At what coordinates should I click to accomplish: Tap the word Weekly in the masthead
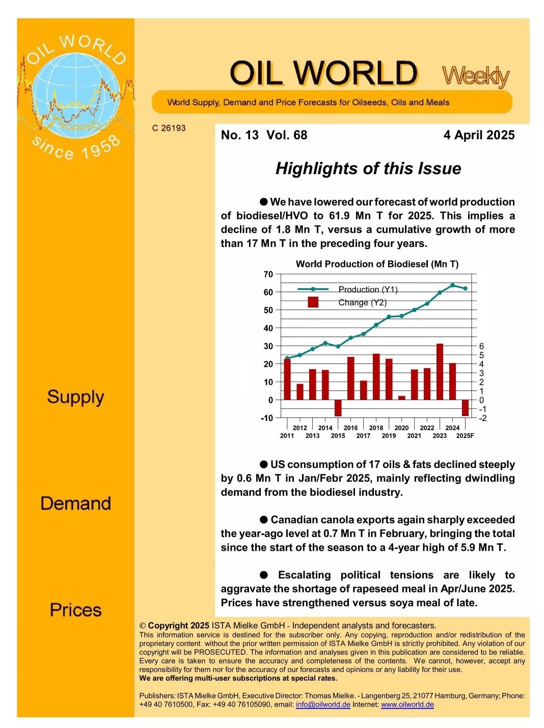(x=475, y=76)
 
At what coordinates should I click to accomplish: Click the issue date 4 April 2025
(x=479, y=135)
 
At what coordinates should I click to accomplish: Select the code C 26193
(x=169, y=128)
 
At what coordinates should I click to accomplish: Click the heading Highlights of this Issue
(x=368, y=169)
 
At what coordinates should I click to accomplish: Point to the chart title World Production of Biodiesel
(x=377, y=264)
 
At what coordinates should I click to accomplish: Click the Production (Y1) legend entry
(x=367, y=289)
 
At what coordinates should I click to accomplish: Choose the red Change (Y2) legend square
(x=313, y=302)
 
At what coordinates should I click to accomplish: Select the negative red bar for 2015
(x=338, y=408)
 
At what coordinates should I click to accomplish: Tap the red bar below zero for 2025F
(x=465, y=407)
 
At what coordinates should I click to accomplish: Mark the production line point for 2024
(x=452, y=285)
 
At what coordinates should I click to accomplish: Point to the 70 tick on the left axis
(x=268, y=274)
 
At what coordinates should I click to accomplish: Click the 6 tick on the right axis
(x=481, y=346)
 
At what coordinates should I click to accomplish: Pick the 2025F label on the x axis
(x=465, y=436)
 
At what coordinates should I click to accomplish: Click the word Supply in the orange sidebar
(x=75, y=397)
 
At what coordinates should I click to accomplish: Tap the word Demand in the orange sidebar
(x=75, y=503)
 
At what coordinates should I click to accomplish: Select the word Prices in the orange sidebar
(x=75, y=610)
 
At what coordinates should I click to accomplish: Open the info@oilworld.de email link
(x=323, y=705)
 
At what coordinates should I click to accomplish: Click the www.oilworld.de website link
(x=407, y=705)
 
